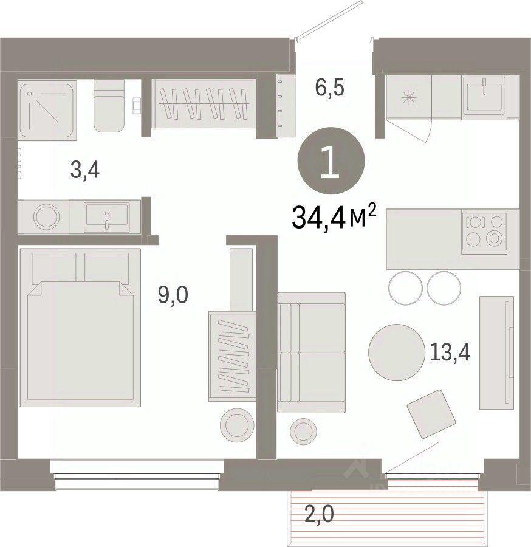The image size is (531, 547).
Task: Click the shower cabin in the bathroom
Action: tap(48, 110)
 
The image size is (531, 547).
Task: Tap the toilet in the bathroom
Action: tap(109, 106)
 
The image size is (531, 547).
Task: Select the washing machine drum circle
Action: tap(46, 217)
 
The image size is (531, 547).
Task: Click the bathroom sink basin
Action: tap(107, 218)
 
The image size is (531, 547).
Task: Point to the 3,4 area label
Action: tap(85, 171)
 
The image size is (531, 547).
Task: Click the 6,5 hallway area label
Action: tap(330, 88)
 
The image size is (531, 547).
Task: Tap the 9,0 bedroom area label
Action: tap(173, 295)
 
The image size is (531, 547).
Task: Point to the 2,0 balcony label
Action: tap(319, 514)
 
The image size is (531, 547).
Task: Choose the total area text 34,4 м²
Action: tap(334, 216)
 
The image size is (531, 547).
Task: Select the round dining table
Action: tap(396, 353)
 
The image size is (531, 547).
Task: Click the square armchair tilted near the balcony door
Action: tap(431, 414)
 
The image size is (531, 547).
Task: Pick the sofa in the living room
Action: tap(311, 353)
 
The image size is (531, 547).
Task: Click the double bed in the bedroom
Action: tap(81, 327)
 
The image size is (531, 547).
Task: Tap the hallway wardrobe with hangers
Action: tap(204, 103)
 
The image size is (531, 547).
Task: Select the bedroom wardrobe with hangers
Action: tap(232, 356)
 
